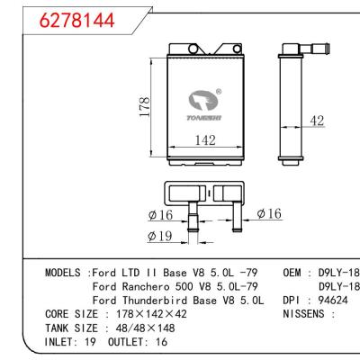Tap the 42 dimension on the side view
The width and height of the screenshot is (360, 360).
[x=316, y=119]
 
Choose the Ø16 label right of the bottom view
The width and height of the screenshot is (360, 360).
[x=271, y=213]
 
